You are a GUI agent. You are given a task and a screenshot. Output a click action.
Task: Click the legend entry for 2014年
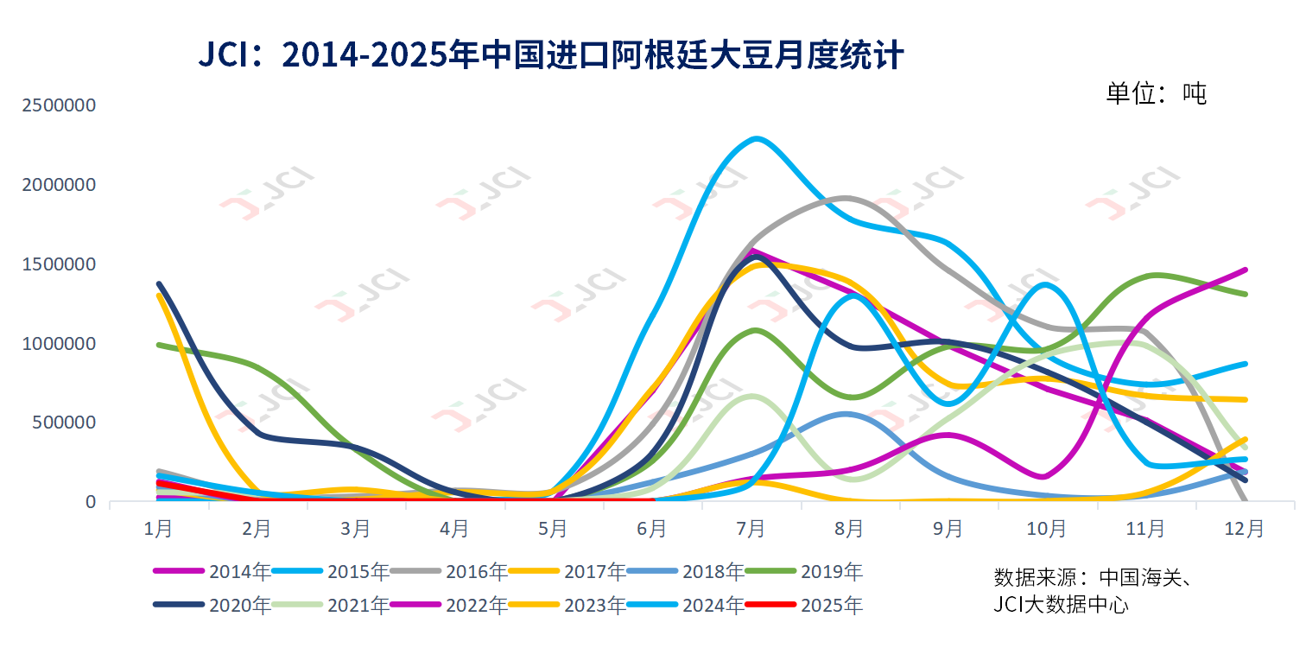(212, 571)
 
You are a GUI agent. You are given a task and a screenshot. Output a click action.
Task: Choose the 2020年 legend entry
(212, 605)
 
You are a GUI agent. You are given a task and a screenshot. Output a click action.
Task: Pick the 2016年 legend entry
(449, 571)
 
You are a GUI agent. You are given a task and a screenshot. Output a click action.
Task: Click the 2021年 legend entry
(331, 605)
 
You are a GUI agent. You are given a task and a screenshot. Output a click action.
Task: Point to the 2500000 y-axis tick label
(60, 105)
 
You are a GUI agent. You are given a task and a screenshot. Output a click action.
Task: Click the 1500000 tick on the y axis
(60, 264)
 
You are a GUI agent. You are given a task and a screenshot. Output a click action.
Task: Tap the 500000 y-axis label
(65, 423)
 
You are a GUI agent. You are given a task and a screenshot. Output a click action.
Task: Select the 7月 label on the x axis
(751, 527)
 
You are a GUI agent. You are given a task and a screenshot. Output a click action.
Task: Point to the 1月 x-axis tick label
(158, 527)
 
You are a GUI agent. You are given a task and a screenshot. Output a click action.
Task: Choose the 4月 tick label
(454, 527)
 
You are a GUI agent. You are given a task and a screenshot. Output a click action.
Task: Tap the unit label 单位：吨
(1156, 92)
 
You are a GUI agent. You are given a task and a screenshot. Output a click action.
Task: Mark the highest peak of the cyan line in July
(757, 138)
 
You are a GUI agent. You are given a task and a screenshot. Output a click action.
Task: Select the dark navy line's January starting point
(159, 283)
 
